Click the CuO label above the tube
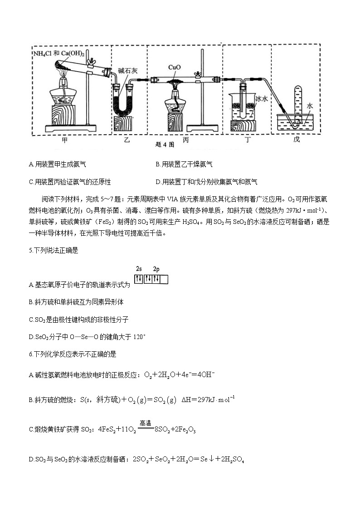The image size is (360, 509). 175,68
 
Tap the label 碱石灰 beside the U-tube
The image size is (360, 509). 127,70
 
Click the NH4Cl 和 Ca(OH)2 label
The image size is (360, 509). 59,53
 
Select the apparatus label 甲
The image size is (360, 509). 65,140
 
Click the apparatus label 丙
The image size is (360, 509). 185,140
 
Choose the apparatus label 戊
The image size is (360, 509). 297,140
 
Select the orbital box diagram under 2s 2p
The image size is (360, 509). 151,279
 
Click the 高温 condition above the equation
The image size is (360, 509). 145,423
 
